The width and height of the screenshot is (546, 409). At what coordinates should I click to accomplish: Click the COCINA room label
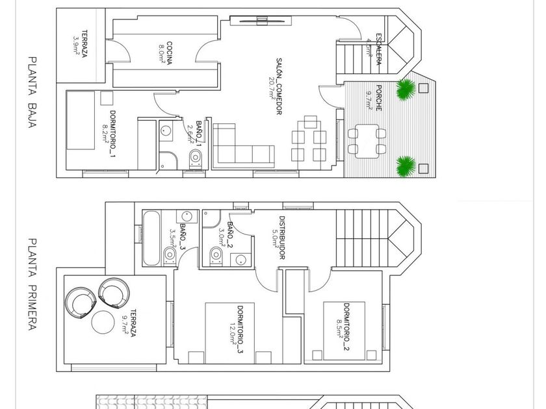(170, 53)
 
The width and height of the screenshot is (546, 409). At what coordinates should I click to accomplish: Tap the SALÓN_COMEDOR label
(279, 86)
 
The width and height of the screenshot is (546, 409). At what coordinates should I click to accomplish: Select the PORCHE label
(379, 98)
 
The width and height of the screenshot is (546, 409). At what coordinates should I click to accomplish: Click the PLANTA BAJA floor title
(32, 92)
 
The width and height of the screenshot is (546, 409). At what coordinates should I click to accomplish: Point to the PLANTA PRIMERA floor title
(32, 284)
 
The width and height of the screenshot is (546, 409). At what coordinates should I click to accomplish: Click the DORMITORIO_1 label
(112, 134)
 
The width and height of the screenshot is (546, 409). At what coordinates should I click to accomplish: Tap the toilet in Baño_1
(196, 158)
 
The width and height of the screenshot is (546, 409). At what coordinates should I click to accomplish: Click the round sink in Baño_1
(166, 130)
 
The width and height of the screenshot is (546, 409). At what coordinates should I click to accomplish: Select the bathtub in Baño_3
(152, 238)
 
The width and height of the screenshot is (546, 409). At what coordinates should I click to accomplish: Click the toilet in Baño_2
(216, 255)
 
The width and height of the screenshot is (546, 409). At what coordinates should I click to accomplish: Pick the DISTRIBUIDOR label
(282, 238)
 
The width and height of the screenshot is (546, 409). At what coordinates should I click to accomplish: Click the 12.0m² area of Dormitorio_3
(233, 334)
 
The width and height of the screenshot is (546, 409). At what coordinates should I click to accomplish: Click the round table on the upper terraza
(103, 323)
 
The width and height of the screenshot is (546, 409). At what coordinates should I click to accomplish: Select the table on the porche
(367, 142)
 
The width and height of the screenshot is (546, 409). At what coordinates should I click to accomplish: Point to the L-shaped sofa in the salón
(243, 147)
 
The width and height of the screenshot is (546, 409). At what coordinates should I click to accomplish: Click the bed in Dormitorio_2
(344, 330)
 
